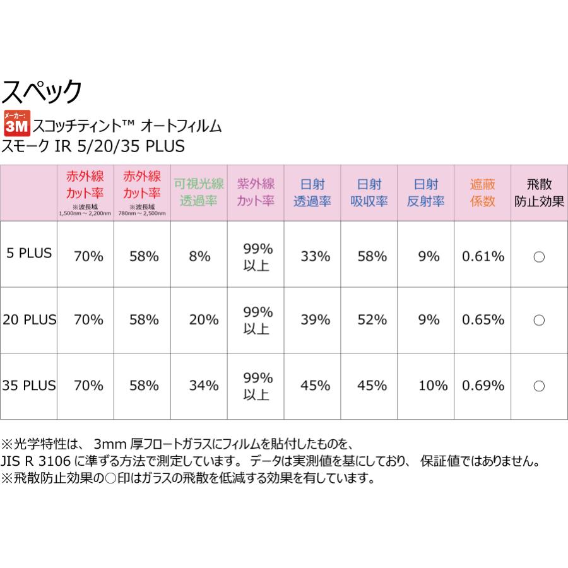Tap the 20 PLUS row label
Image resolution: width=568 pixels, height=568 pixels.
[28, 319]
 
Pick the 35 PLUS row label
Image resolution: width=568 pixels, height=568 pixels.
[28, 384]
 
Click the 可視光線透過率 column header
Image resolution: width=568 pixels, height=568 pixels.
[199, 193]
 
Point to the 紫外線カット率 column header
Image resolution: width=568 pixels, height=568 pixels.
[256, 193]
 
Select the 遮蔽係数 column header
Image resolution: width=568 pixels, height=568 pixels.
[483, 193]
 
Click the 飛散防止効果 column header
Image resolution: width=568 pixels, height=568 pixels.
[539, 193]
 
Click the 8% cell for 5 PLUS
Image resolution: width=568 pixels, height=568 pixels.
[199, 256]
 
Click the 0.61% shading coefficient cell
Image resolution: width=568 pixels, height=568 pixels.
[483, 256]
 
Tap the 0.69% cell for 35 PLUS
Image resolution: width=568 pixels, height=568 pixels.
[483, 385]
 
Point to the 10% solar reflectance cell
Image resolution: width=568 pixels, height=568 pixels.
[427, 385]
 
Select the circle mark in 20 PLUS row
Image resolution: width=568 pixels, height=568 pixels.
[539, 320]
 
